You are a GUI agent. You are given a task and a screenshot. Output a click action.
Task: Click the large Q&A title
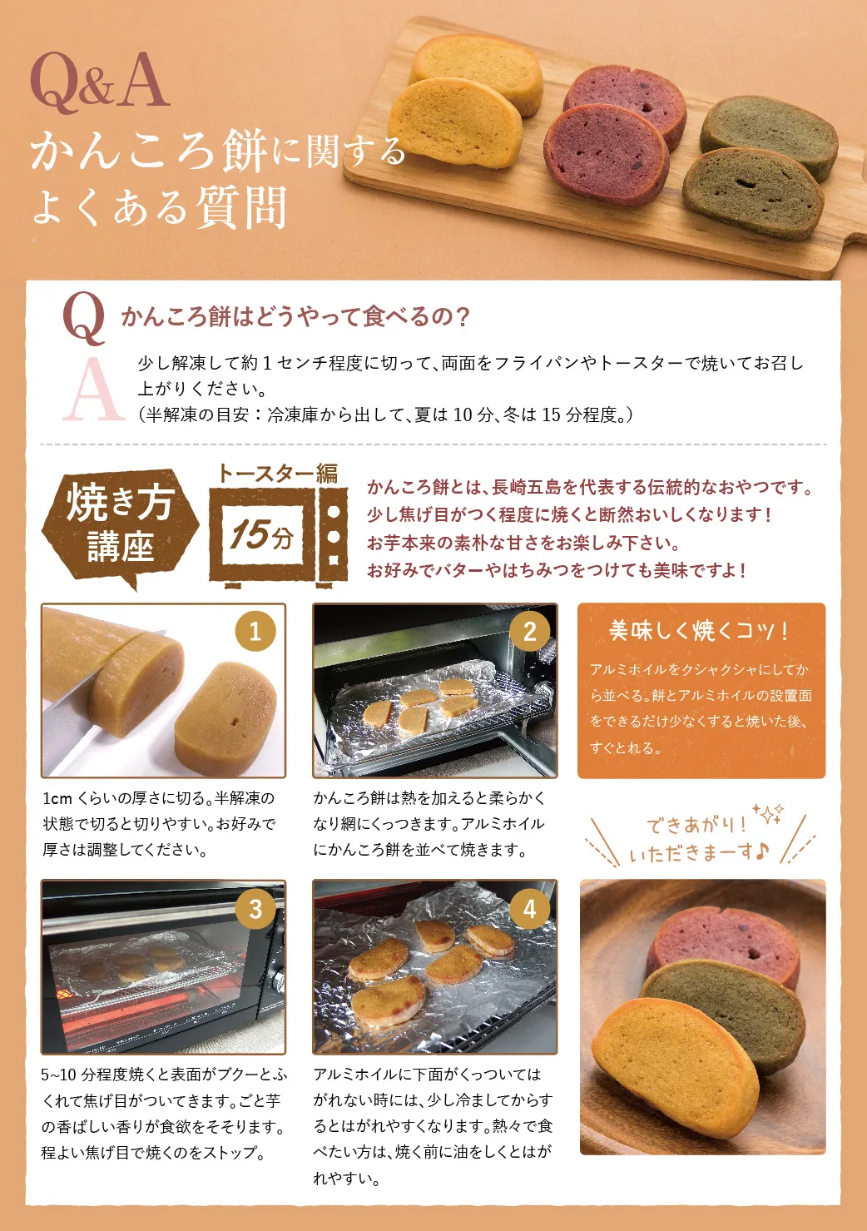(x=99, y=82)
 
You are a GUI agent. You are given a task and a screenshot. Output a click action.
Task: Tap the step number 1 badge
(x=255, y=632)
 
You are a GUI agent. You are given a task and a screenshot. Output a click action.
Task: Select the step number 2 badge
(x=528, y=632)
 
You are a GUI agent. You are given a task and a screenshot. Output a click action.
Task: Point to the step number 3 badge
(x=255, y=908)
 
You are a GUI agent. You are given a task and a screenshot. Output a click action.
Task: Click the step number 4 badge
(x=528, y=908)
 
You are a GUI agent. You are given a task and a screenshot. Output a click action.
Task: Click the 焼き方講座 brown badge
(x=121, y=524)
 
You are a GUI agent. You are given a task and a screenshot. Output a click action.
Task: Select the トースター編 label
(x=277, y=474)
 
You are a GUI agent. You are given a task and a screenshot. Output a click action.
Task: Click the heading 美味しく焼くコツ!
(x=699, y=631)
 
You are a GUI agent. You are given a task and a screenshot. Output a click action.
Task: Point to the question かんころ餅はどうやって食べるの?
(x=295, y=316)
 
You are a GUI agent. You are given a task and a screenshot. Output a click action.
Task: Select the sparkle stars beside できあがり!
(x=767, y=812)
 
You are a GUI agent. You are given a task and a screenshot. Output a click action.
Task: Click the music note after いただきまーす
(x=763, y=851)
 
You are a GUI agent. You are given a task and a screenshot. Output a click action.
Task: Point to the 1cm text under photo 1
(x=57, y=799)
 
